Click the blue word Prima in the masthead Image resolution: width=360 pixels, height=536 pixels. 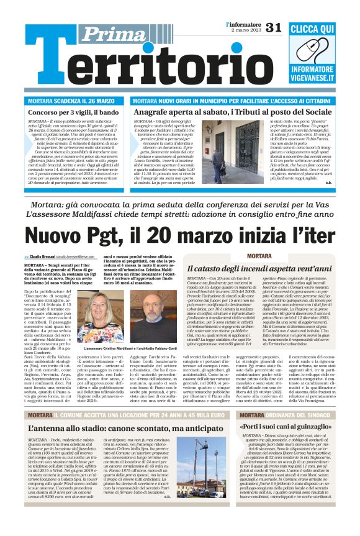click(115, 35)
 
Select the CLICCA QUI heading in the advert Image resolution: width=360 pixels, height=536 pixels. click(312, 29)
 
